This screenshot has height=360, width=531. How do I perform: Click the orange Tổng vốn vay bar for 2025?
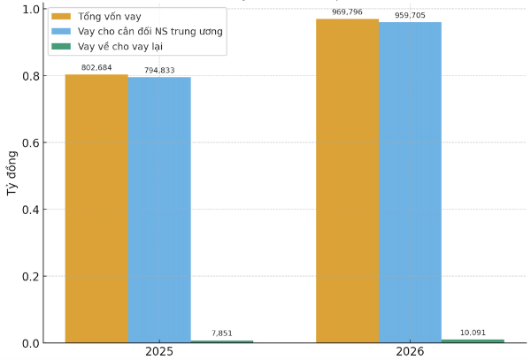(x=96, y=209)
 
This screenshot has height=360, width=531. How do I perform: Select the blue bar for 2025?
(x=159, y=211)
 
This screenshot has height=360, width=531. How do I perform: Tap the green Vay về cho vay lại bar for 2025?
(x=222, y=341)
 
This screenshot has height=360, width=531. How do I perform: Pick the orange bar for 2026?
(x=348, y=180)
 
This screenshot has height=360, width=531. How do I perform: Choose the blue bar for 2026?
(x=410, y=182)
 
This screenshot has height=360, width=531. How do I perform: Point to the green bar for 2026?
(x=473, y=341)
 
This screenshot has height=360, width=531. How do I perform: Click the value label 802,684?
(x=96, y=68)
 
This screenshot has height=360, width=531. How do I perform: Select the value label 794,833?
(x=159, y=70)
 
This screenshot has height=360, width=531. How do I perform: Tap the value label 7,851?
(x=222, y=333)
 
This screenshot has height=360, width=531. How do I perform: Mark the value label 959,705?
(x=410, y=15)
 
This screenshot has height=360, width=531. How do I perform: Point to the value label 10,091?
(x=473, y=333)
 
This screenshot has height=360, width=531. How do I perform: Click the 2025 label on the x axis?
(x=159, y=352)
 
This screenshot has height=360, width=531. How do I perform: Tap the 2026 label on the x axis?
(x=410, y=352)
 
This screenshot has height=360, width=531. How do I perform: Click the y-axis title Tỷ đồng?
(x=12, y=175)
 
